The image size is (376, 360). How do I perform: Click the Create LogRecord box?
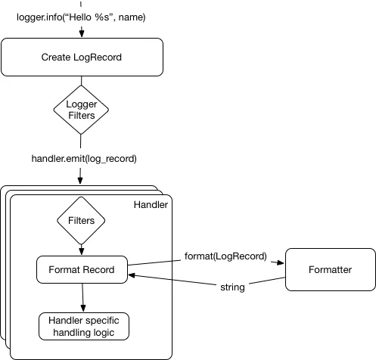pos(82,57)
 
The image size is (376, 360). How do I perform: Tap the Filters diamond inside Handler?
pos(81,222)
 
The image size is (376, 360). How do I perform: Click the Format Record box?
pos(81,270)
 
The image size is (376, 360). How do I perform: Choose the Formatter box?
pos(330,270)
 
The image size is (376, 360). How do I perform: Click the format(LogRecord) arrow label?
pos(225,256)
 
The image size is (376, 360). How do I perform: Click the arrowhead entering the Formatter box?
pos(281,264)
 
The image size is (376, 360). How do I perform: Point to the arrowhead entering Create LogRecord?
pos(81,35)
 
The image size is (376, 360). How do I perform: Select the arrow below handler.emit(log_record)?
pos(81,175)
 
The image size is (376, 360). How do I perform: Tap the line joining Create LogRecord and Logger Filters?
pos(81,82)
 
